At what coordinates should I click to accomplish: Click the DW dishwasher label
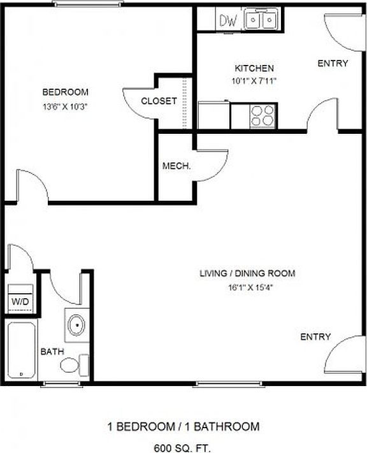coord(229,20)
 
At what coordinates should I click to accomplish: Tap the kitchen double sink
coord(261,20)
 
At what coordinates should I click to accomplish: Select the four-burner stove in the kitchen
coord(263,115)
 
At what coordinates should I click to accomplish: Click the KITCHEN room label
coord(254,68)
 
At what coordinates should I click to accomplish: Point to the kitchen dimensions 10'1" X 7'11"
coord(254,81)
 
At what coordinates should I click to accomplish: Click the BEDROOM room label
coord(66,92)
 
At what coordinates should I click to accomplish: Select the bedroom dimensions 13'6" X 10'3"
coord(65,106)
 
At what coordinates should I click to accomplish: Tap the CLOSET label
coord(159,101)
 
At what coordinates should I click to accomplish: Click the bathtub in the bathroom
coord(22,350)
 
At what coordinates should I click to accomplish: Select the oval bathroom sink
coord(77,325)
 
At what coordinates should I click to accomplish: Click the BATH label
coord(51,351)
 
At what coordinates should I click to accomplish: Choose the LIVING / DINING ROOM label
coord(247,274)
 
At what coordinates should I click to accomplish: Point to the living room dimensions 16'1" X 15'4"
coord(247,287)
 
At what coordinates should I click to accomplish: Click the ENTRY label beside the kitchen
coord(333,63)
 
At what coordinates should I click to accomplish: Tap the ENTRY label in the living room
coord(315,337)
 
